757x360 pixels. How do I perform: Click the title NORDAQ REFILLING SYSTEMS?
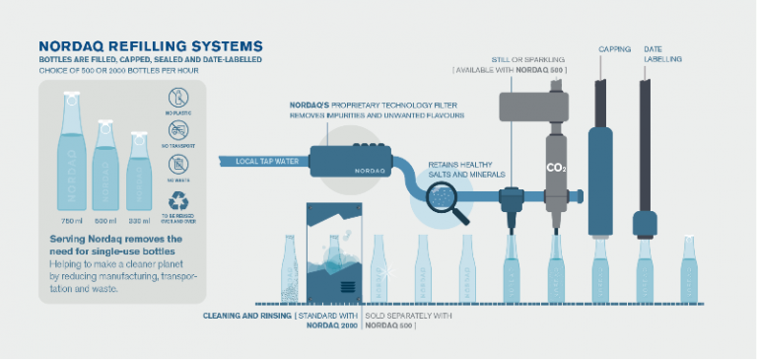coord(150,45)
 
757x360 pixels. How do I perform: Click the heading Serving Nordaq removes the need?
coord(115,245)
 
